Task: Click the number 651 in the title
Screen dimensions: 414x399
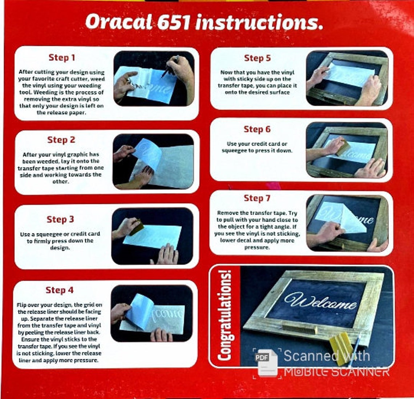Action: click(x=174, y=22)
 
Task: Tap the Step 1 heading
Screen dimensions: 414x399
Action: click(x=62, y=57)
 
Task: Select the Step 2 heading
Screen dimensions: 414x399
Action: click(x=61, y=140)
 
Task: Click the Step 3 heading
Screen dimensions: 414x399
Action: click(x=60, y=219)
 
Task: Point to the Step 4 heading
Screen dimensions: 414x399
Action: click(x=60, y=290)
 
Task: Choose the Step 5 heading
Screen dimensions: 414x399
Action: click(x=257, y=58)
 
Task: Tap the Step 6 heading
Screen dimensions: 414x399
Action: click(x=257, y=129)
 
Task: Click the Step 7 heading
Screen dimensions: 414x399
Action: click(x=257, y=198)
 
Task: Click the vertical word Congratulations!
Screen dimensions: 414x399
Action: click(x=225, y=315)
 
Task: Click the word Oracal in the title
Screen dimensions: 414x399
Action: click(x=119, y=22)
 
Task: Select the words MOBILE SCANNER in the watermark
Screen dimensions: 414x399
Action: click(x=337, y=372)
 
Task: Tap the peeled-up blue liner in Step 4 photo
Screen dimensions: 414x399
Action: click(x=139, y=311)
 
